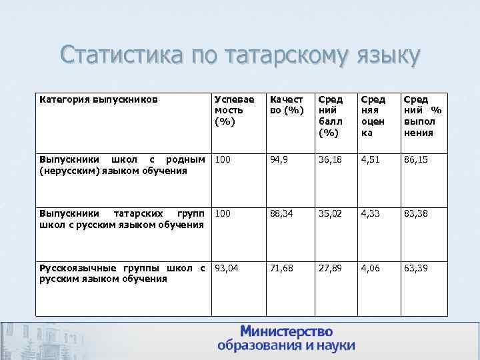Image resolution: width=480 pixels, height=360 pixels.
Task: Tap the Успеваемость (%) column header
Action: [x=229, y=110]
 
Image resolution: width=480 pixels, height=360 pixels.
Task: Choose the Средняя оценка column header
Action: [x=372, y=116]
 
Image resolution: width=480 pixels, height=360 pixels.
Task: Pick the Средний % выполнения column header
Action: [x=418, y=116]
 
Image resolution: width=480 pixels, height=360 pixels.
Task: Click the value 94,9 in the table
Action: [x=281, y=160]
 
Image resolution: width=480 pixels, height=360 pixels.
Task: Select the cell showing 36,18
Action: [x=330, y=160]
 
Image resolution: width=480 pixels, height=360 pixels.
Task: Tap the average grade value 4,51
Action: [x=371, y=160]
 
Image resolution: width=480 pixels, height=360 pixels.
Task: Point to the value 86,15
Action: [x=416, y=160]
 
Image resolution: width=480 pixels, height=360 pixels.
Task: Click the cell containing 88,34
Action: [x=283, y=214]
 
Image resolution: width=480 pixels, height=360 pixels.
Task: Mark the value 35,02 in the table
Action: [x=330, y=214]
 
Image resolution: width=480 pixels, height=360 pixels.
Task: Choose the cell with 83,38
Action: [x=416, y=214]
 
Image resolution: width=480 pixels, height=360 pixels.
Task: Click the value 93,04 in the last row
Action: [x=228, y=268]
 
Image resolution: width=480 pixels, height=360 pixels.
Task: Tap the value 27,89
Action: [x=330, y=268]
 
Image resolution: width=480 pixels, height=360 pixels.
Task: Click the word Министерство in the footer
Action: [x=287, y=331]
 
